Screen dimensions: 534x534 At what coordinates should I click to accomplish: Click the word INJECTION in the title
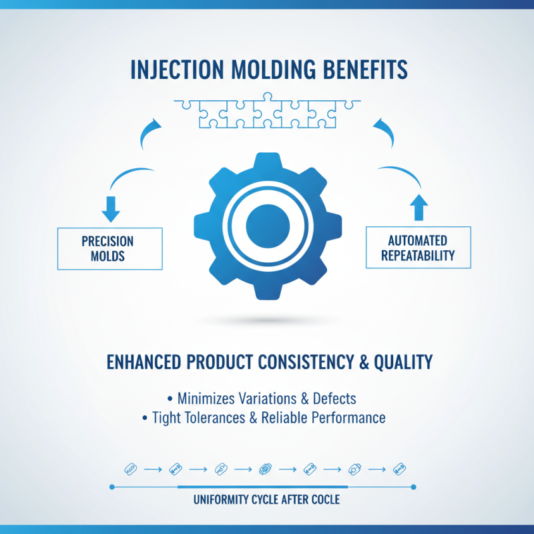[x=170, y=70]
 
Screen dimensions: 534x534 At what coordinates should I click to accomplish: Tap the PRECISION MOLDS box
[x=109, y=248]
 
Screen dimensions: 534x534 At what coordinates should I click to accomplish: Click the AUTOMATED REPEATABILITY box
[x=419, y=248]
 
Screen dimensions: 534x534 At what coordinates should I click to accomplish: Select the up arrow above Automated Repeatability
[x=419, y=208]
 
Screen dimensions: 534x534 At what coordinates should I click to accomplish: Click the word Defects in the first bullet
[x=332, y=398]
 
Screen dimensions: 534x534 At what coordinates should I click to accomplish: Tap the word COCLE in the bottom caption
[x=324, y=499]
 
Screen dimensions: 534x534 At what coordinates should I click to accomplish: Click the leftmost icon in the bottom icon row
[x=130, y=469]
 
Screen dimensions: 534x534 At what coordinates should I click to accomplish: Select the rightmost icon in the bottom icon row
[x=399, y=469]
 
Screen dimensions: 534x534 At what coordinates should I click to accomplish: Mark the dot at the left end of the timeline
[x=111, y=487]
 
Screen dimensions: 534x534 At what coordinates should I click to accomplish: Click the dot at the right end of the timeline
[x=415, y=487]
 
